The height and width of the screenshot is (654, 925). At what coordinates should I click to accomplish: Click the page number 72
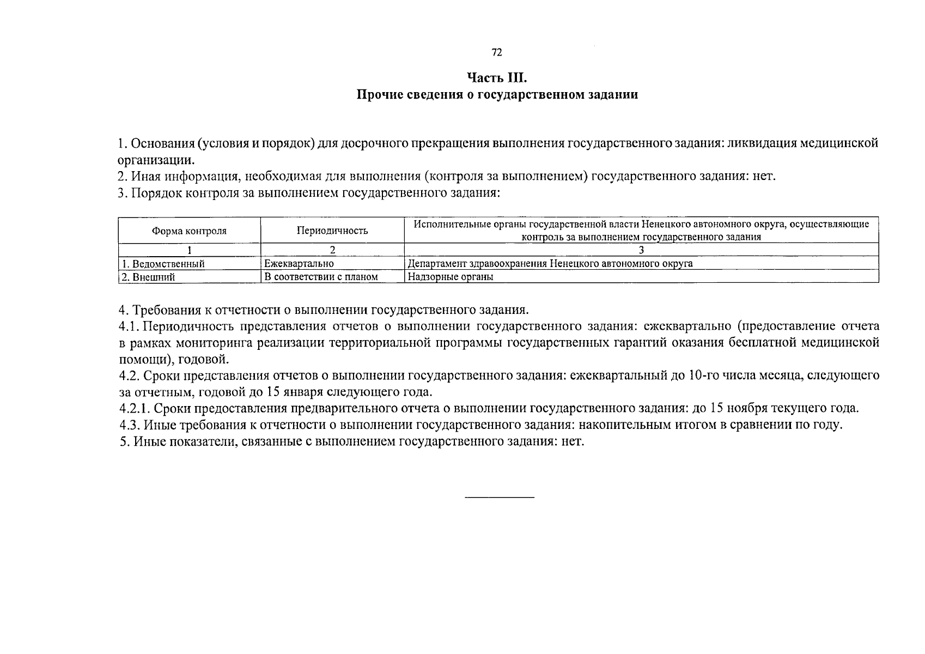[496, 52]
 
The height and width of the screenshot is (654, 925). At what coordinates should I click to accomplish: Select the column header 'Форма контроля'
[189, 231]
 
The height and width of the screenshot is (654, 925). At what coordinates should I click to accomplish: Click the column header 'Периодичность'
[332, 231]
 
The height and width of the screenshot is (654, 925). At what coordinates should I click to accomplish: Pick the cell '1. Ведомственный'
[163, 264]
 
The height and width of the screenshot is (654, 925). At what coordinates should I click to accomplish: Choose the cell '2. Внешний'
[149, 277]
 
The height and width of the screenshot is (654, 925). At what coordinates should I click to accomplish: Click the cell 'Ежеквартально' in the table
[299, 263]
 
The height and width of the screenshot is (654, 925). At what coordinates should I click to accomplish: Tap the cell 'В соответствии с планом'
[321, 277]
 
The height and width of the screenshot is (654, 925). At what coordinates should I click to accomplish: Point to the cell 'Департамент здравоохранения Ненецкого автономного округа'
[550, 263]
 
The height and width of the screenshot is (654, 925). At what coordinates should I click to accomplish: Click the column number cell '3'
[641, 250]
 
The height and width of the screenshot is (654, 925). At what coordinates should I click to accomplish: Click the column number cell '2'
[332, 250]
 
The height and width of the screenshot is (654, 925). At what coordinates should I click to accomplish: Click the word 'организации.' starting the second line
[156, 160]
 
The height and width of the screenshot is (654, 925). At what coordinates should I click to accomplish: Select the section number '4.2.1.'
[134, 408]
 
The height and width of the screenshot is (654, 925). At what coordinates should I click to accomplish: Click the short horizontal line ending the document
[500, 497]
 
